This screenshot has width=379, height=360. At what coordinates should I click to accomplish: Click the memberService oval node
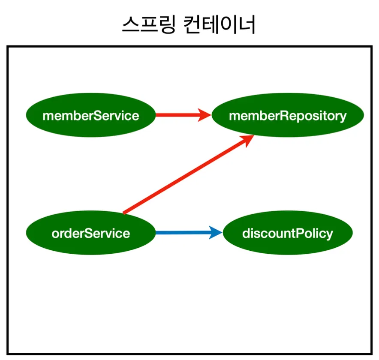(x=91, y=115)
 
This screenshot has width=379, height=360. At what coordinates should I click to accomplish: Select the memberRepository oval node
(x=288, y=115)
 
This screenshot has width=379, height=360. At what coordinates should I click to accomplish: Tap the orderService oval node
(x=91, y=233)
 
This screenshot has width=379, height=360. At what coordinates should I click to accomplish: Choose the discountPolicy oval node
(x=288, y=233)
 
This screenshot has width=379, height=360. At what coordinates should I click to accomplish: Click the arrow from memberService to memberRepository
(x=183, y=115)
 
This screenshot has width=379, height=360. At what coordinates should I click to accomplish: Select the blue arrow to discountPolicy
(x=189, y=233)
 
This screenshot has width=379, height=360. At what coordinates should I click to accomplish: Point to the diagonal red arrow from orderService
(x=188, y=174)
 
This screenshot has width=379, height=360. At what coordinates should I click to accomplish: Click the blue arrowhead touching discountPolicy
(x=215, y=233)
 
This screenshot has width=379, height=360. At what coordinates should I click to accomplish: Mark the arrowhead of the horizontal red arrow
(x=204, y=115)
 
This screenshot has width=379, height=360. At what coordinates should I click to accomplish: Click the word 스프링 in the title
(x=149, y=25)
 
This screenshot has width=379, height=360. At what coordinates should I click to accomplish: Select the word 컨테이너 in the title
(x=219, y=25)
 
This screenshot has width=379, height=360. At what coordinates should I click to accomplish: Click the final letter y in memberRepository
(x=343, y=117)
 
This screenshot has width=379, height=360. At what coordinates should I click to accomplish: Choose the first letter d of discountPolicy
(x=246, y=234)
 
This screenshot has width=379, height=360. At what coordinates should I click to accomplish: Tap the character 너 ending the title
(x=247, y=25)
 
